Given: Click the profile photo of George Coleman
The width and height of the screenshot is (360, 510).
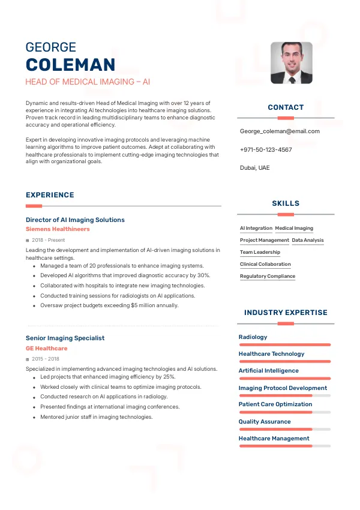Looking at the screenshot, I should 291,62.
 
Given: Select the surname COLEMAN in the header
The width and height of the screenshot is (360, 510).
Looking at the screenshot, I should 70,65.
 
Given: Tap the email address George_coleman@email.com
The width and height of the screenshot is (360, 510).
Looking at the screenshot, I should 280,131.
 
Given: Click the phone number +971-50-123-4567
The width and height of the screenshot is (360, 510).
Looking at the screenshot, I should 266,149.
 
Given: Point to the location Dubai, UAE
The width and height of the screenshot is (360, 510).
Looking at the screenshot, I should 255,167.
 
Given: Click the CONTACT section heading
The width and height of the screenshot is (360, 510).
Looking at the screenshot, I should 286,107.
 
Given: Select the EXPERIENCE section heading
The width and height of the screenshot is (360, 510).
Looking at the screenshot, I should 50,195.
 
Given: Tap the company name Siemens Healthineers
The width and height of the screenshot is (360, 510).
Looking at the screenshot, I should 58,229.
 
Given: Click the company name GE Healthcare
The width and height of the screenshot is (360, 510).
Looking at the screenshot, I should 46,348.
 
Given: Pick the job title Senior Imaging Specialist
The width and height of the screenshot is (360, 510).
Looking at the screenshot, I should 65,338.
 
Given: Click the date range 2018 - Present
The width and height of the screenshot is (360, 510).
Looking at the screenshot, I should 48,240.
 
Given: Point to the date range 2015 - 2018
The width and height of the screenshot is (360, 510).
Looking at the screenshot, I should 45,359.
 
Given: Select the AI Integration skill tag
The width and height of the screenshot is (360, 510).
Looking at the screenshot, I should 256,228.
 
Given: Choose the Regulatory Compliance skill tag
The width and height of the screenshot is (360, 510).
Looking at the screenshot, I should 268,276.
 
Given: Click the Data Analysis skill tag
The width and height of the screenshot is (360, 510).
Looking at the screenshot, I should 308,240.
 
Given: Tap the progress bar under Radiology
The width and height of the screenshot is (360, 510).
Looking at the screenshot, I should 284,345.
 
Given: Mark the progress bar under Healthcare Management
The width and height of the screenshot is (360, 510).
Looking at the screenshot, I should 284,446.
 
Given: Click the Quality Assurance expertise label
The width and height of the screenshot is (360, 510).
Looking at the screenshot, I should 265,421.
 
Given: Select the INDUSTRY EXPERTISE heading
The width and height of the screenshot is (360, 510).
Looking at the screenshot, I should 286,313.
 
